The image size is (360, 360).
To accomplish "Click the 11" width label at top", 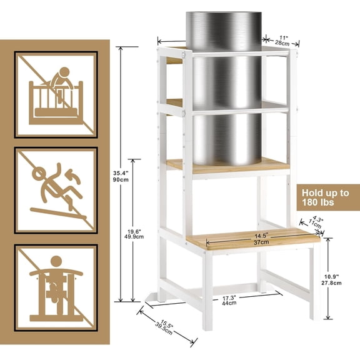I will (x=284, y=36).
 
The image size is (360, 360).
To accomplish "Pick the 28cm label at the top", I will (x=284, y=43).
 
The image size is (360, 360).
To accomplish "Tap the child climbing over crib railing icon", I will (x=56, y=94).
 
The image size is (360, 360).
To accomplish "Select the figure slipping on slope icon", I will (x=56, y=190).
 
